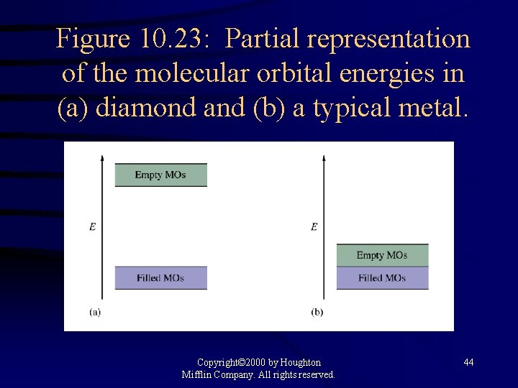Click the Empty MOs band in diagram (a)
(160, 175)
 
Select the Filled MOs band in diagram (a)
(160, 278)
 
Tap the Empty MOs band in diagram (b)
(382, 255)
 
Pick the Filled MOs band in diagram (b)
(382, 278)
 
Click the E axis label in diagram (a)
(92, 227)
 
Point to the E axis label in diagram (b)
(314, 227)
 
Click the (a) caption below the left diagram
(95, 312)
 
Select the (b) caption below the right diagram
(317, 312)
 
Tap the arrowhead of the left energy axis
(102, 156)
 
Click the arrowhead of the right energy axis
(324, 156)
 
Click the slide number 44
(468, 363)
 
